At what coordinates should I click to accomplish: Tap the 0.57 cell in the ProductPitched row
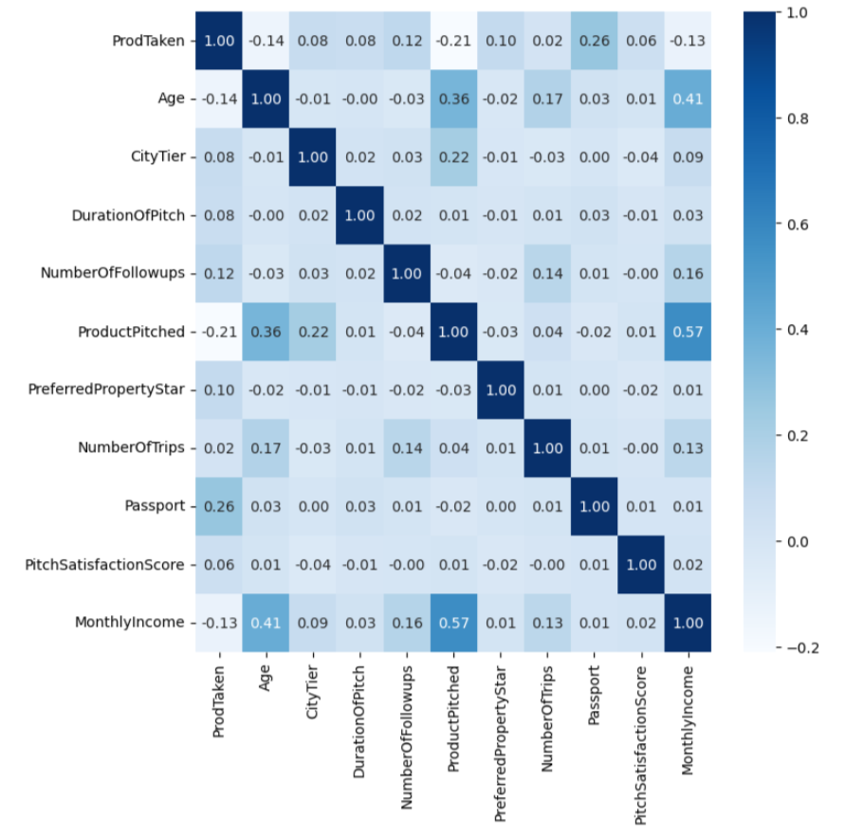pyautogui.click(x=688, y=331)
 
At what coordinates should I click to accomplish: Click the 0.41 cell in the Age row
pyautogui.click(x=688, y=100)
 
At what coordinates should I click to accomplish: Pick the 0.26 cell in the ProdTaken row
pyautogui.click(x=594, y=42)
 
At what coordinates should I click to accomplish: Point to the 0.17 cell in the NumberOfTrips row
pyautogui.click(x=266, y=447)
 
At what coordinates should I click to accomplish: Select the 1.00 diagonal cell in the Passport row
pyautogui.click(x=594, y=505)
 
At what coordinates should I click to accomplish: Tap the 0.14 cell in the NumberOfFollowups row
pyautogui.click(x=547, y=273)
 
